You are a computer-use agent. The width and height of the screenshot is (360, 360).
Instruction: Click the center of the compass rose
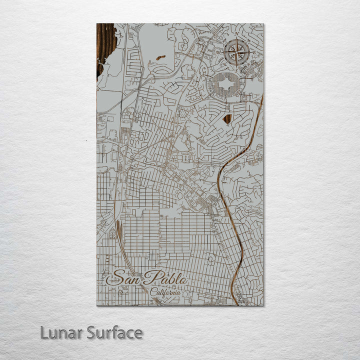[236, 52]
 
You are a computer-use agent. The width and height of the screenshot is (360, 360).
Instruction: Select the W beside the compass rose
[219, 52]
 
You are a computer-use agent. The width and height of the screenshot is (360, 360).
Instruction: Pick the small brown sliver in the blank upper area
[160, 58]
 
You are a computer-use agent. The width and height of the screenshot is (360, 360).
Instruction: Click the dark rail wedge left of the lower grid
[118, 227]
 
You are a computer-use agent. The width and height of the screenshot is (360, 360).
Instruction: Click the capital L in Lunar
[44, 332]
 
